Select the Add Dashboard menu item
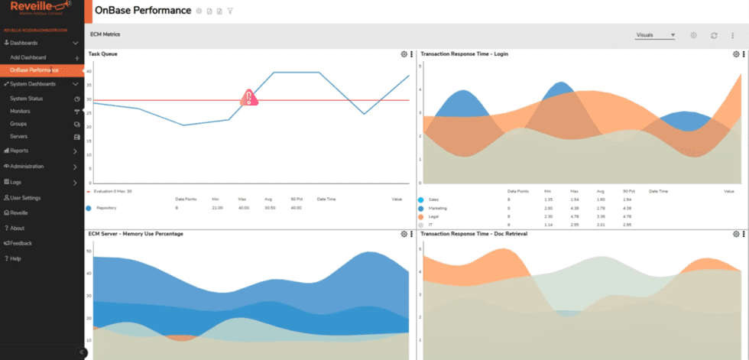(28, 57)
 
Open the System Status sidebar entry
(26, 99)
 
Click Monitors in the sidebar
(21, 111)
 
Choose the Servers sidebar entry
(19, 136)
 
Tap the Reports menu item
(19, 151)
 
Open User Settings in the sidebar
(25, 197)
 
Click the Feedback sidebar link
(21, 243)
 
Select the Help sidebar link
(15, 258)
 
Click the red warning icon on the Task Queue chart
(248, 98)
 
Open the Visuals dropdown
(655, 35)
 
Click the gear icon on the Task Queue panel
(404, 54)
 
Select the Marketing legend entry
(439, 208)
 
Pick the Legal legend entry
(434, 216)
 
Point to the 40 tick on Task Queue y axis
(89, 71)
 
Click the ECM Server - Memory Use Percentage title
(136, 233)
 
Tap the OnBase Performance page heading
(142, 11)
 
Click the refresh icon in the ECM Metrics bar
(713, 35)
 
